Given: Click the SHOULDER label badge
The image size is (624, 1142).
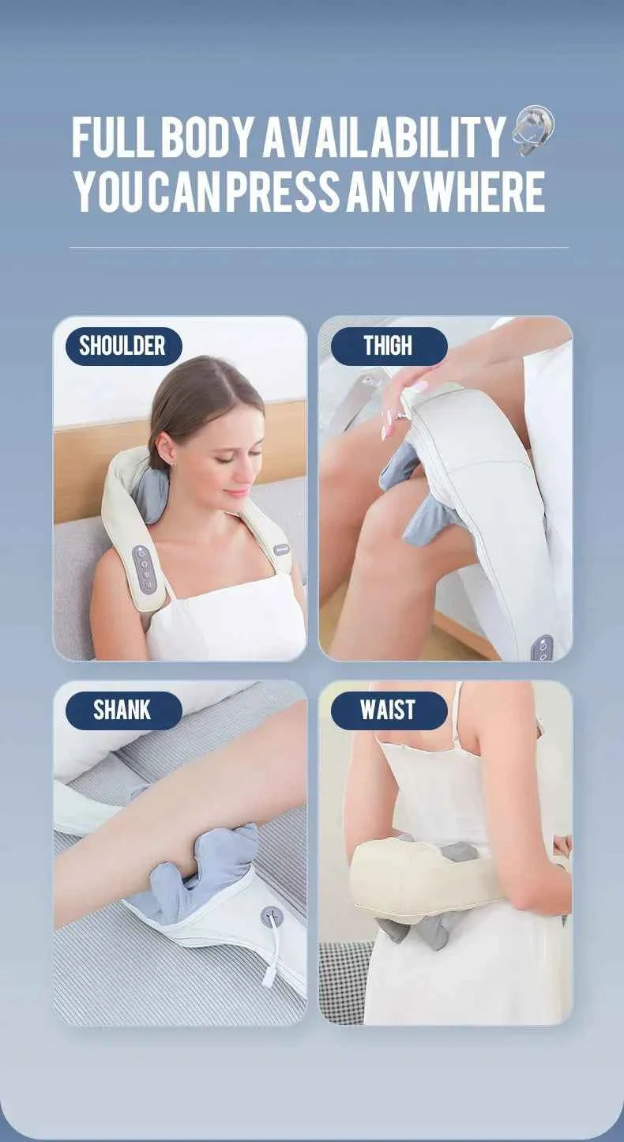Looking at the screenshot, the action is pos(123,346).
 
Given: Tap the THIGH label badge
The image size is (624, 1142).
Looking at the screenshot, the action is pos(389,346).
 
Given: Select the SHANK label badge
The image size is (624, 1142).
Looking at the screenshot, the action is pos(123,710).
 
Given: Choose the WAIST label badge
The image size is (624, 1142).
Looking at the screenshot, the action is pos(389,710).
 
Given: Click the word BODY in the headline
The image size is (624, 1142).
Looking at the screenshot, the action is pos(209,138).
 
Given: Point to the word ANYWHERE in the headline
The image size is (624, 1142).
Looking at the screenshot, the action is pos(445,192).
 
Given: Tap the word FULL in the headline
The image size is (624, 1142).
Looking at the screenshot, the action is pos(114,138).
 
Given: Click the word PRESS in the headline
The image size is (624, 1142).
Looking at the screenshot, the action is pos(283,192).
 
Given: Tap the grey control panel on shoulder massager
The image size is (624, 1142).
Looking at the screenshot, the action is pos(145,569).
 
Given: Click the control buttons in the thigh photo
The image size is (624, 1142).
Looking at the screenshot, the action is pos(542,647).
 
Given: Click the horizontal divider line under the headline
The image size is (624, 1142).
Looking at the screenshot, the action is pos(319,248).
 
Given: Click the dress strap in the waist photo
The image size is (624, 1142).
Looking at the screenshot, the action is pos(457,714).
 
